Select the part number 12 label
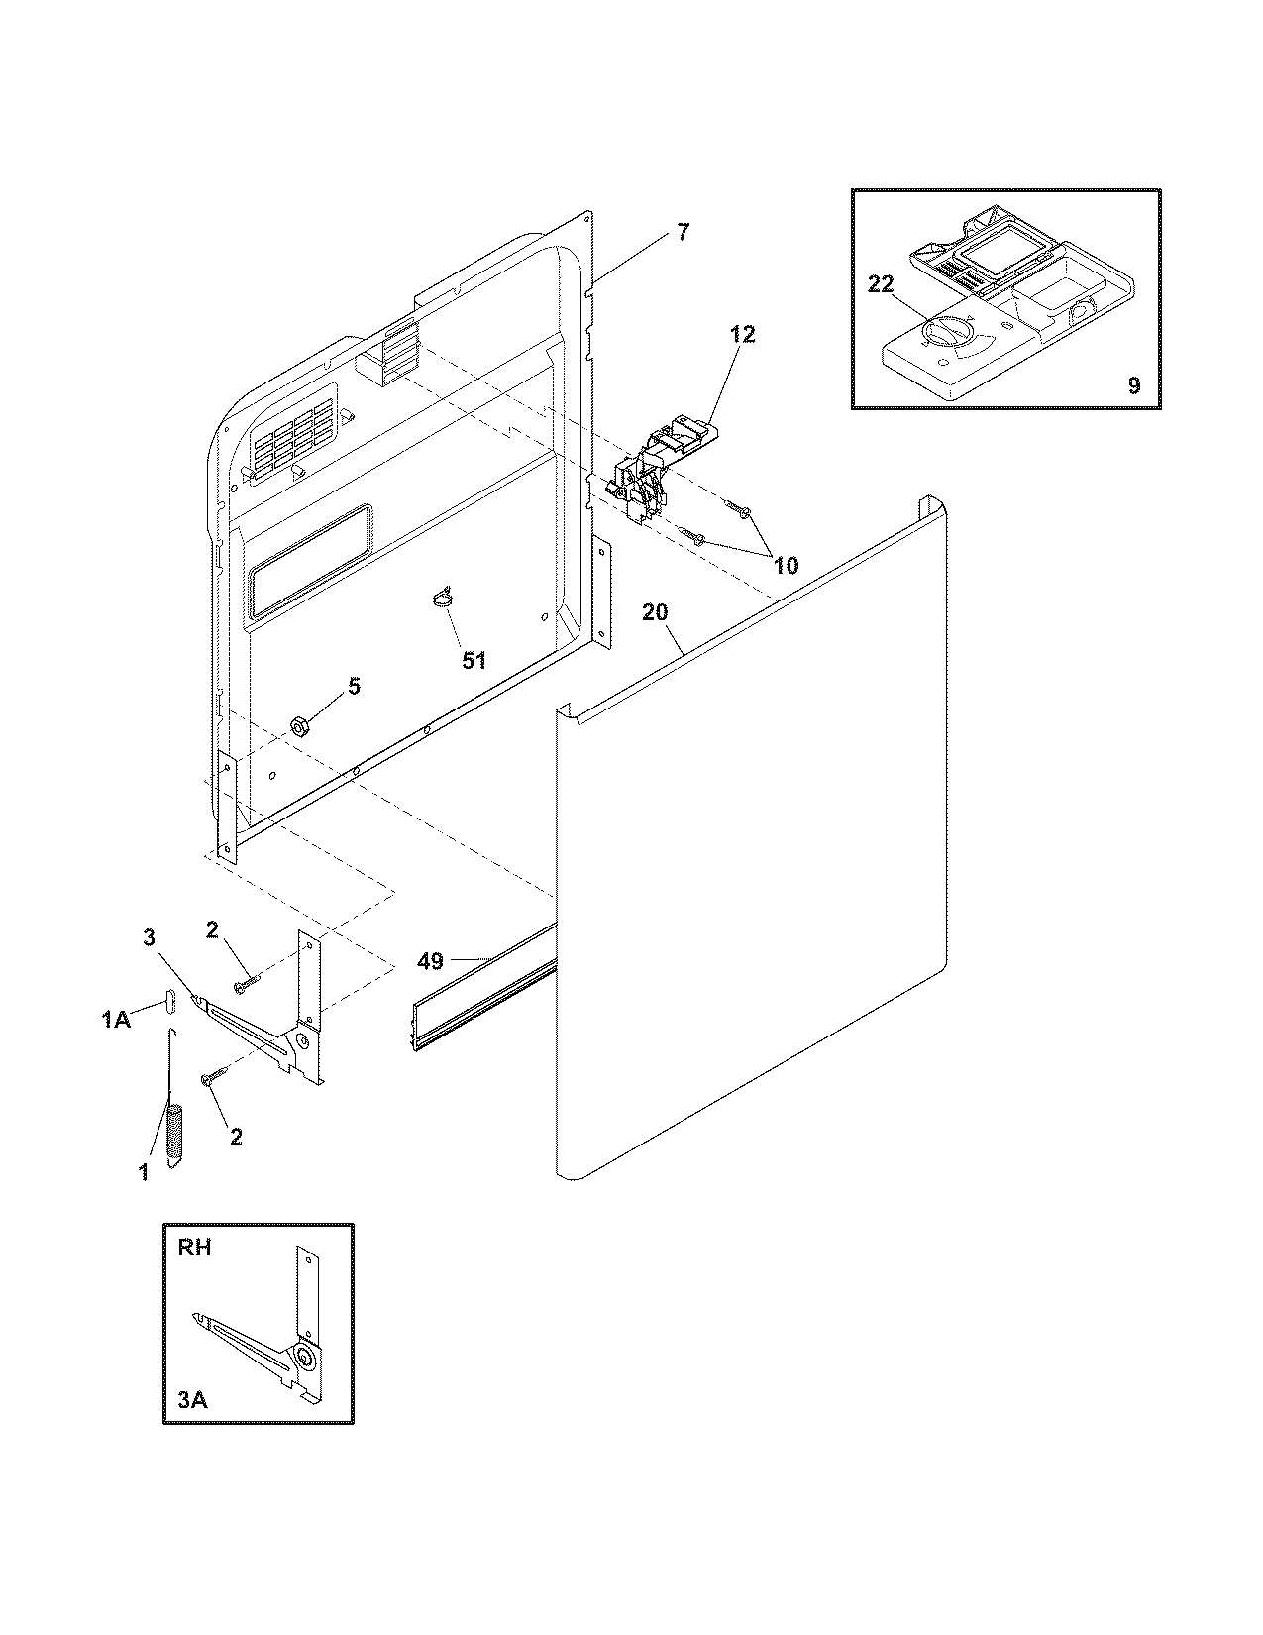(743, 334)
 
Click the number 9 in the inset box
(1133, 385)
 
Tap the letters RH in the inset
(195, 1248)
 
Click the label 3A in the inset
(192, 1400)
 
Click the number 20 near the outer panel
(656, 612)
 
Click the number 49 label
(431, 960)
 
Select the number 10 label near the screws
(785, 566)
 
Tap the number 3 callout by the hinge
(149, 937)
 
